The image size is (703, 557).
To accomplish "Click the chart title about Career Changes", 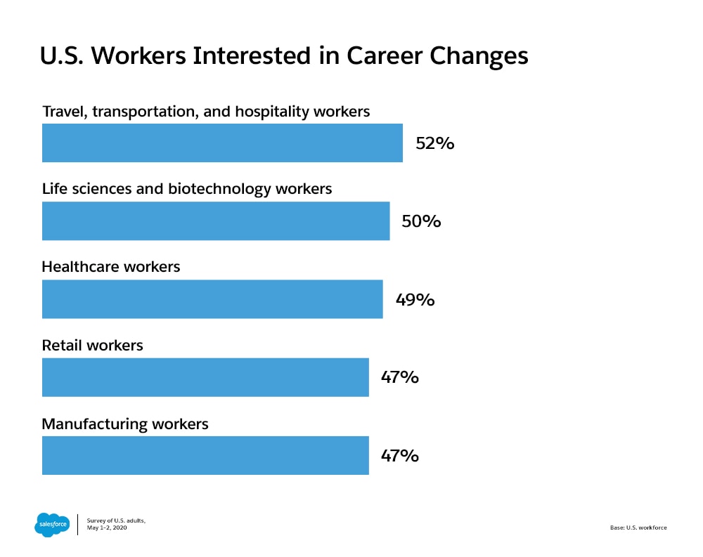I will pyautogui.click(x=284, y=56).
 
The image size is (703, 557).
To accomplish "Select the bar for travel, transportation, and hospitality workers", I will pyautogui.click(x=222, y=143).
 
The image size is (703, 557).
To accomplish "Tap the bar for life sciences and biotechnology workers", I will pyautogui.click(x=216, y=221).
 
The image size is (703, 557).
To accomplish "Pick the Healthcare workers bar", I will pyautogui.click(x=212, y=299).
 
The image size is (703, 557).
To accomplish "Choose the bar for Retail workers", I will pyautogui.click(x=205, y=377).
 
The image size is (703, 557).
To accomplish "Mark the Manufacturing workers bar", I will pyautogui.click(x=205, y=455).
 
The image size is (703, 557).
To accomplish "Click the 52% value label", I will pyautogui.click(x=435, y=144).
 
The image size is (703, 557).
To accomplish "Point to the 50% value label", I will pyautogui.click(x=421, y=222).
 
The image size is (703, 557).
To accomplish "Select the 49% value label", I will pyautogui.click(x=415, y=300).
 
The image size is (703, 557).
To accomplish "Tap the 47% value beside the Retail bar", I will pyautogui.click(x=400, y=377).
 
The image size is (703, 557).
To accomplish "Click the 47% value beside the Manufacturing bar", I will pyautogui.click(x=400, y=456).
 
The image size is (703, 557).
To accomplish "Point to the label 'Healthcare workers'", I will pyautogui.click(x=111, y=267).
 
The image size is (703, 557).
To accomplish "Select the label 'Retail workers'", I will pyautogui.click(x=92, y=345).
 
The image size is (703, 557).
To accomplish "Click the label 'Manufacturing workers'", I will pyautogui.click(x=125, y=424).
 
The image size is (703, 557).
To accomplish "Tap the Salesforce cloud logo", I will pyautogui.click(x=53, y=524).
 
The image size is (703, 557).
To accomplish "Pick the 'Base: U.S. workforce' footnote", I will pyautogui.click(x=638, y=527).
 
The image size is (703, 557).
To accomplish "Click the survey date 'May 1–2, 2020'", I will pyautogui.click(x=112, y=527).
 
